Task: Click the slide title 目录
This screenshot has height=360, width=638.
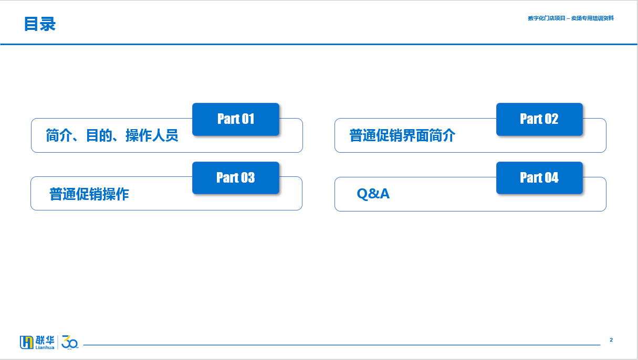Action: pos(39,24)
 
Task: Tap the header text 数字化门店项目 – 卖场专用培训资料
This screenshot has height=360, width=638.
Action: pos(570,18)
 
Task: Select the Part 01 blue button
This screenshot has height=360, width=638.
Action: pos(236,119)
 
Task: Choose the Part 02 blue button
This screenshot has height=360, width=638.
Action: pos(539,119)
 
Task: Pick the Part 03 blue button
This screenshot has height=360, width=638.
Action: pos(236,178)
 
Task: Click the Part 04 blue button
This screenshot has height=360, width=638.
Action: pos(539,178)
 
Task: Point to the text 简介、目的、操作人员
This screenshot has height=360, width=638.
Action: pos(112,135)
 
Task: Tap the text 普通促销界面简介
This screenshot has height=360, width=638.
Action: pos(402,135)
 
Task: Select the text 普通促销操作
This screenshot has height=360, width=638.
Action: pos(89,194)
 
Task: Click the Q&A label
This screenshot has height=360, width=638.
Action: pos(373,194)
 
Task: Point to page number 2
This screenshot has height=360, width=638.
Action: pos(611,340)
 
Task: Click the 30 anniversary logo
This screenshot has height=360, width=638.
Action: pos(70,342)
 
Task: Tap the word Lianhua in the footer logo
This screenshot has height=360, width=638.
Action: pos(45,347)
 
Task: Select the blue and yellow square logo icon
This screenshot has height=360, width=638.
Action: pos(26,342)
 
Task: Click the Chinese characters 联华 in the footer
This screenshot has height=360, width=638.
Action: pos(45,340)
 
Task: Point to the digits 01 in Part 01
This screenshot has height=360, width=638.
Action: pos(247,119)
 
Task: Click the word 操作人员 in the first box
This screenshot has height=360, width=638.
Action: pos(152,135)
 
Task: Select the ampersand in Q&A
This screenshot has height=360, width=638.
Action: pos(373,194)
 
